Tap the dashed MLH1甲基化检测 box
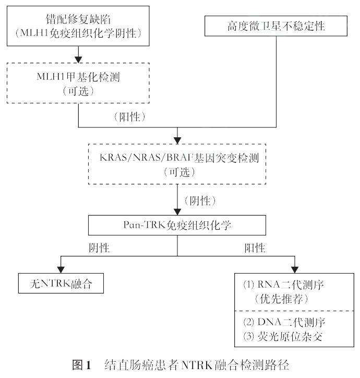click(x=78, y=82)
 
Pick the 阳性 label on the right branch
click(x=254, y=247)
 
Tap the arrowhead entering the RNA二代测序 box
click(x=296, y=269)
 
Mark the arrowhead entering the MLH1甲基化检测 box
click(x=78, y=58)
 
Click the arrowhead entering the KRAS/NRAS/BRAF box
click(x=178, y=140)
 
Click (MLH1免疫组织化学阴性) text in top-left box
click(x=78, y=32)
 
